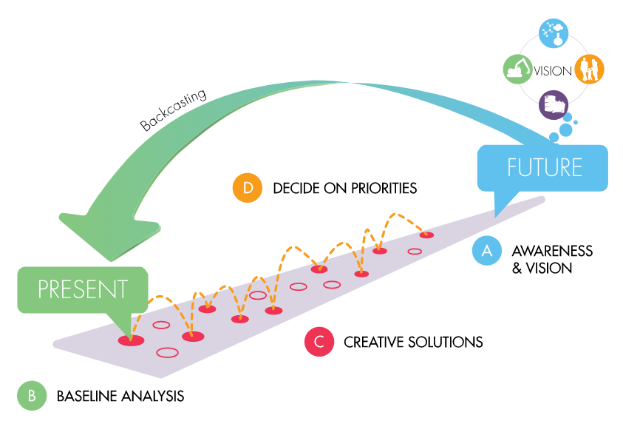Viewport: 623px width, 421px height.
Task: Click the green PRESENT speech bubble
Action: [x=83, y=289]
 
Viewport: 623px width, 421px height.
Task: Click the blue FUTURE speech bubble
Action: [x=544, y=167]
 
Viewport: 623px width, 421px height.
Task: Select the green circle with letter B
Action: [x=32, y=395]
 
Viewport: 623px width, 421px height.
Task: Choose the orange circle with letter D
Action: [x=248, y=188]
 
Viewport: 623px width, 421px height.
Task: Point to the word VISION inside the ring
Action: [x=553, y=71]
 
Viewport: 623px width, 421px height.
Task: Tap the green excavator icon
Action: [x=517, y=70]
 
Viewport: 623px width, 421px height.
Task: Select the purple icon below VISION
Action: [x=553, y=104]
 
